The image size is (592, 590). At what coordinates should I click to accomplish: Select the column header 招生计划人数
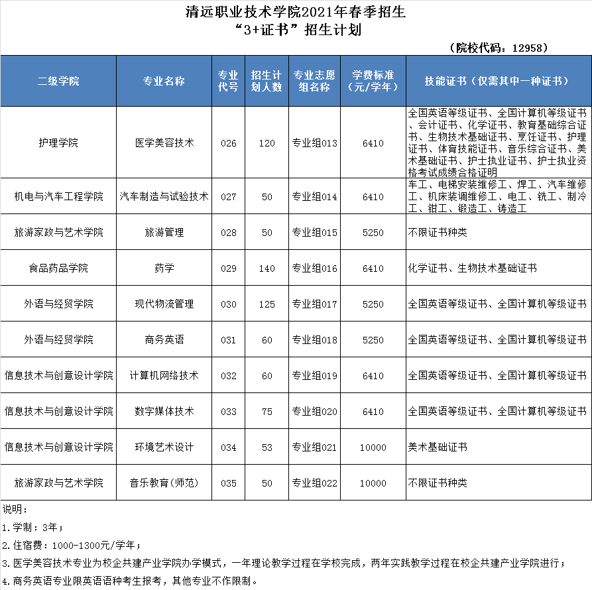(x=266, y=80)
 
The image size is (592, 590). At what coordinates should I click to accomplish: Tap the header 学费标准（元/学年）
(x=373, y=80)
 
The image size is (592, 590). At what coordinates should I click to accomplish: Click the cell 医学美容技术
(x=164, y=143)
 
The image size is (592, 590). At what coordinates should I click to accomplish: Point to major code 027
(x=228, y=197)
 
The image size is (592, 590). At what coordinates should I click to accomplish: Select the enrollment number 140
(x=266, y=268)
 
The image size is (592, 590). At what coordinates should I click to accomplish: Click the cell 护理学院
(x=58, y=143)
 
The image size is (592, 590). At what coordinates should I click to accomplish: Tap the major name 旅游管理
(x=164, y=233)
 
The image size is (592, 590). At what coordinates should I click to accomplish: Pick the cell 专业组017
(x=315, y=304)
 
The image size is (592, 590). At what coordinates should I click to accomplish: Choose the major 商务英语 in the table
(x=164, y=340)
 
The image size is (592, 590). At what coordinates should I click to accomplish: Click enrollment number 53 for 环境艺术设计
(x=266, y=447)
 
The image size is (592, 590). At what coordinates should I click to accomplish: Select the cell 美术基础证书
(x=438, y=447)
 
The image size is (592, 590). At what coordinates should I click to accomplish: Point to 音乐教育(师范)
(x=164, y=483)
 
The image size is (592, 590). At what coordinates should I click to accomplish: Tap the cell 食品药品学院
(x=58, y=268)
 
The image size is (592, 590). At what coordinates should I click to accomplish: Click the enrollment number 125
(x=266, y=304)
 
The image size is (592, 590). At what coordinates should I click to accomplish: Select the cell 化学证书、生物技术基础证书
(x=472, y=268)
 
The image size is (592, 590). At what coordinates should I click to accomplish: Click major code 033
(x=228, y=412)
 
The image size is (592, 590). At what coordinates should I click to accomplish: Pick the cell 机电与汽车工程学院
(x=58, y=197)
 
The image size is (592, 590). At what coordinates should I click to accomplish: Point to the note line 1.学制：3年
(x=33, y=528)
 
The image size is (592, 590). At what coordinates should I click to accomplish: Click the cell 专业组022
(x=315, y=483)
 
